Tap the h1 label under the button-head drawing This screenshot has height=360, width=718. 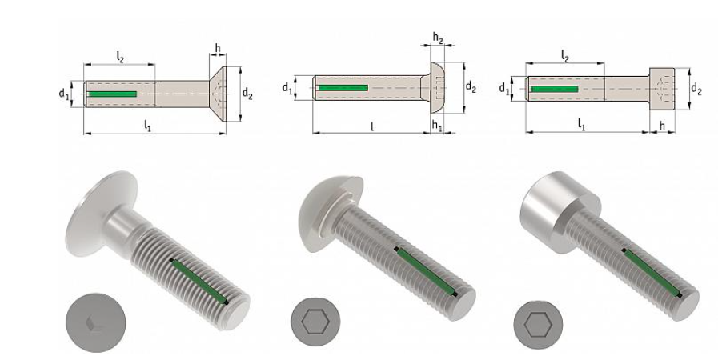point(437,126)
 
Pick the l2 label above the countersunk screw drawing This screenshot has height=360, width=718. point(119,56)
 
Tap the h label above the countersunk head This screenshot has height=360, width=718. point(217,48)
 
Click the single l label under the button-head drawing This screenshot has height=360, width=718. point(371,126)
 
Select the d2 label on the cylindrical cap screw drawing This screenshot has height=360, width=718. point(696,88)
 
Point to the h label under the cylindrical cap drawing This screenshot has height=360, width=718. point(662,126)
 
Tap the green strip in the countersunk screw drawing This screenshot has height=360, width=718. point(112,94)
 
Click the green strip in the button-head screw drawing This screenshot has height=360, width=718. point(343,86)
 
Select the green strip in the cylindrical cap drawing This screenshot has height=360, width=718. point(555,88)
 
